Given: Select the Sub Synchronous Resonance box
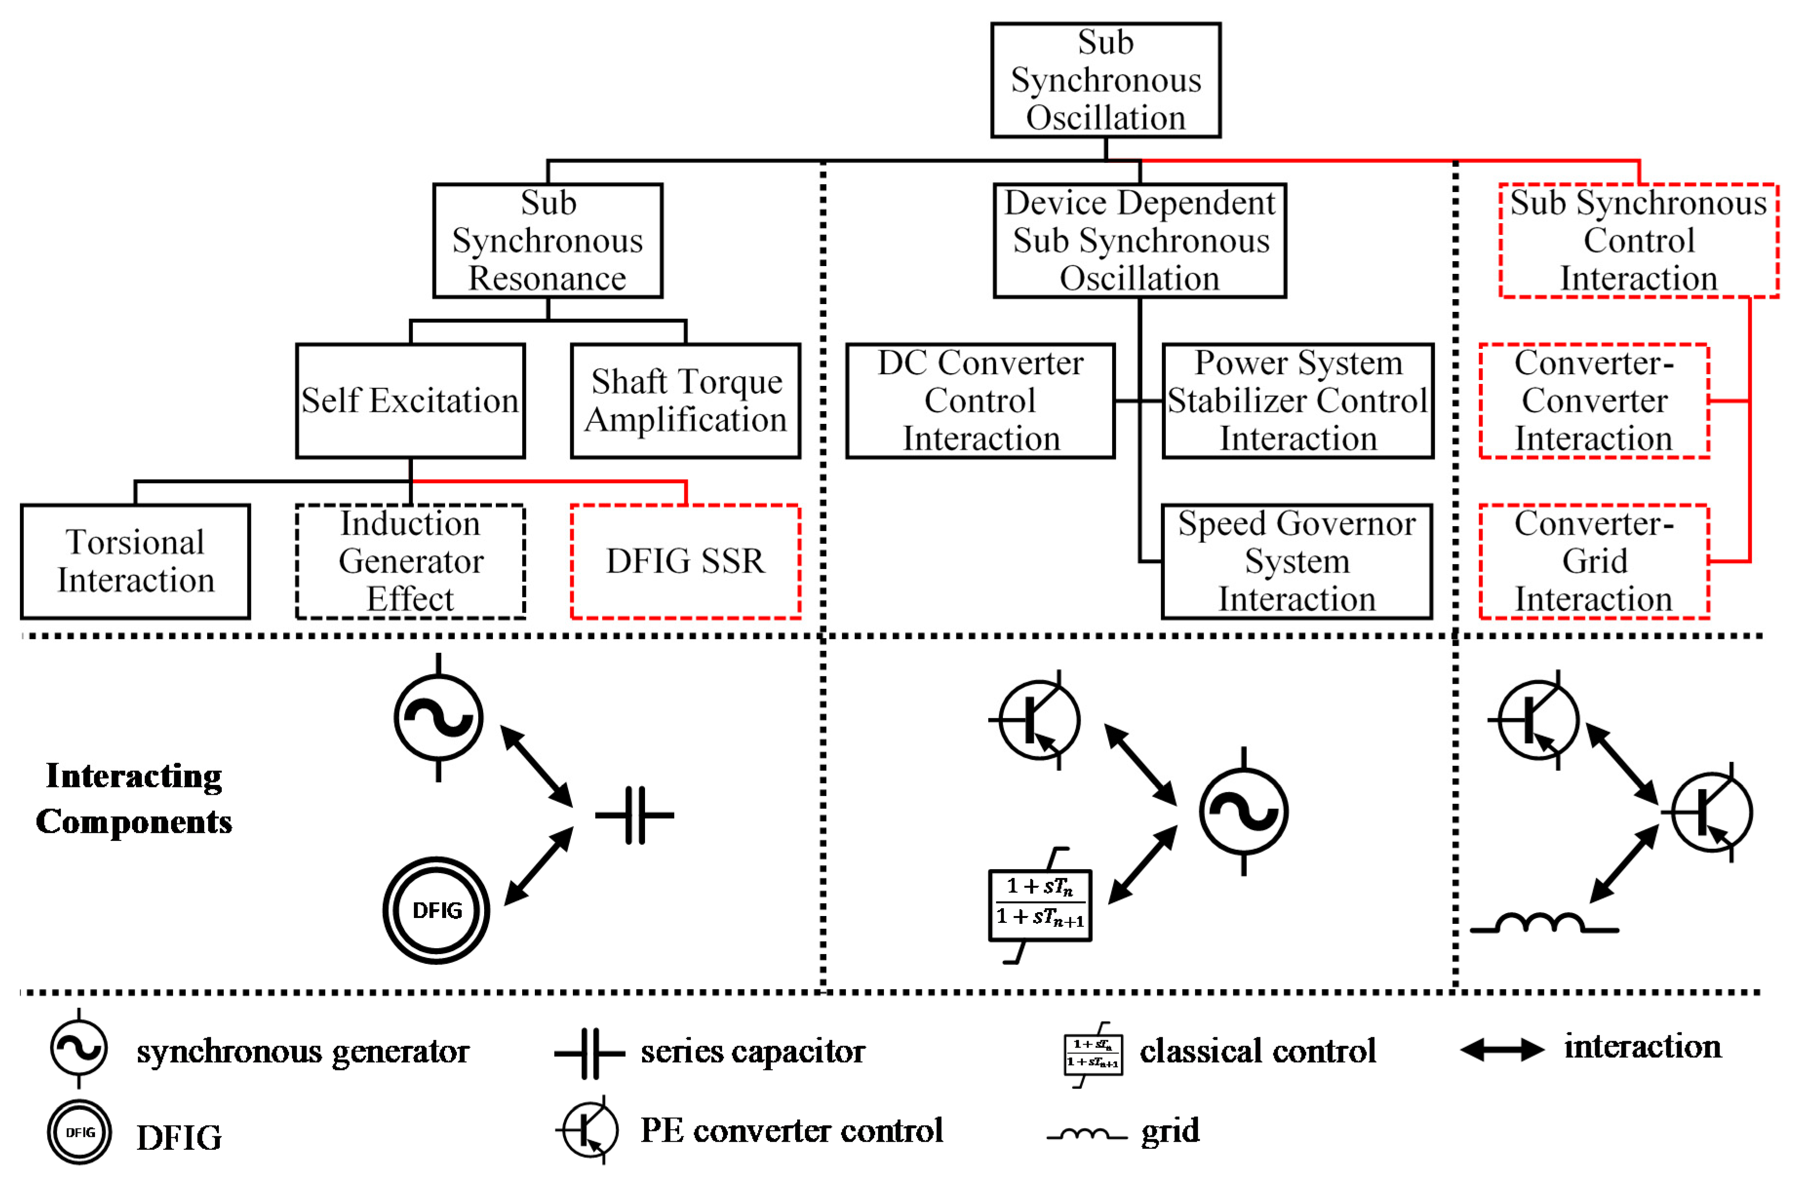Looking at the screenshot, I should [547, 240].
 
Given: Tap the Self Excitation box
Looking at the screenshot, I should [410, 401].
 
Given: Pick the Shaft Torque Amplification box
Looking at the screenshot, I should [685, 401].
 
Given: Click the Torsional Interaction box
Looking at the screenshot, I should [135, 561].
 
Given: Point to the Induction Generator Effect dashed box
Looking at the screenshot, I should [410, 561].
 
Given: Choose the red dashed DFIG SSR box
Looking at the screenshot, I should [685, 561].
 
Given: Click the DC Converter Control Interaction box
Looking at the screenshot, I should [980, 401].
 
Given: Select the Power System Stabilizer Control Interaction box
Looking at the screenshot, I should [1297, 401].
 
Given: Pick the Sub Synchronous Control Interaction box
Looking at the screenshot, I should [1638, 240].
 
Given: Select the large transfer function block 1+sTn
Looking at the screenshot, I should [1039, 905].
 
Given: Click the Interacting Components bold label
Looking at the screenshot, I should [134, 798].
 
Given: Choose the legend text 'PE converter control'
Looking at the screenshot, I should [791, 1130].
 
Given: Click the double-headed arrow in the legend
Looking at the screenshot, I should [1502, 1050].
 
